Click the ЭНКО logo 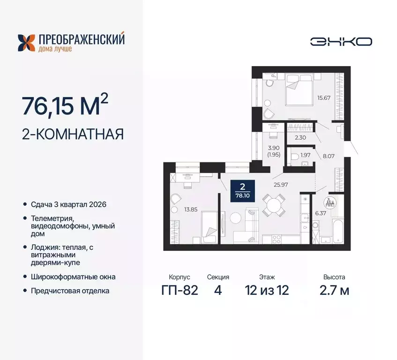click(341, 42)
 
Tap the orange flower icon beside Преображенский click(26, 43)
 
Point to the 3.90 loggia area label click(274, 150)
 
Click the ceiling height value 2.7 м click(333, 290)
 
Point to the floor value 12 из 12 click(267, 290)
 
